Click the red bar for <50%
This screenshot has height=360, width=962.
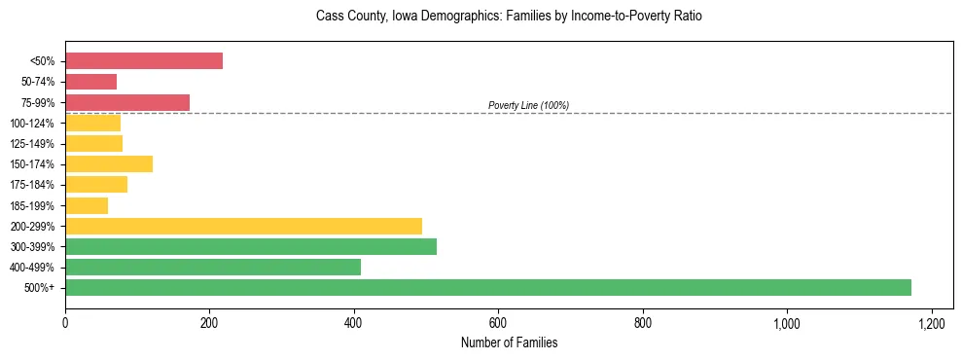[144, 61]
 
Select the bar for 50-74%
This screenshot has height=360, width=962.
[90, 82]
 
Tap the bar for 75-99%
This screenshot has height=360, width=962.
[127, 102]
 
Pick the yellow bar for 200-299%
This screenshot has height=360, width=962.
[243, 226]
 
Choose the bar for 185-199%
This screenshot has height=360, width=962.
[87, 205]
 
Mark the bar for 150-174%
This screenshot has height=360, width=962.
[109, 163]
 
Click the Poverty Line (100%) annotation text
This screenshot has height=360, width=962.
[528, 105]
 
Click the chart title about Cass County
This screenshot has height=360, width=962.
[509, 17]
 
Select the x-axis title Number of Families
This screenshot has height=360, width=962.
[509, 342]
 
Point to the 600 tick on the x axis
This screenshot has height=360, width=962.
[498, 323]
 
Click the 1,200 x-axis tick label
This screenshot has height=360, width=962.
[932, 323]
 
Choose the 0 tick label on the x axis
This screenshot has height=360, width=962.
[65, 323]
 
